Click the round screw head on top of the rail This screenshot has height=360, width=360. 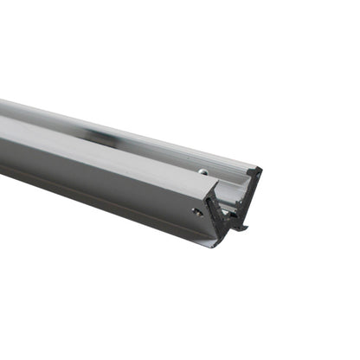(202, 171)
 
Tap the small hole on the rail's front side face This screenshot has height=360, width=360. (198, 210)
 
